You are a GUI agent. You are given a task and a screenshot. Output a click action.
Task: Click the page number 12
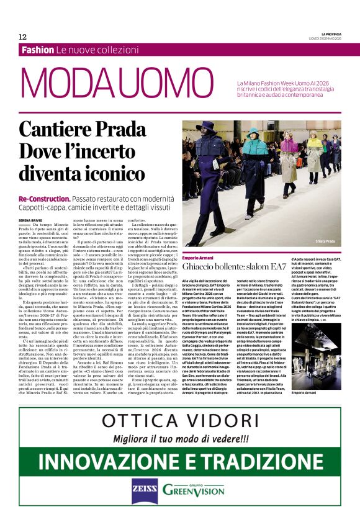[22, 37]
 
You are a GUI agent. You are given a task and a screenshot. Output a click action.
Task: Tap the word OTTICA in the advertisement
[143, 420]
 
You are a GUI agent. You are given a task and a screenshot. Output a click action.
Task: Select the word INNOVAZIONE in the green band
[115, 461]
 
